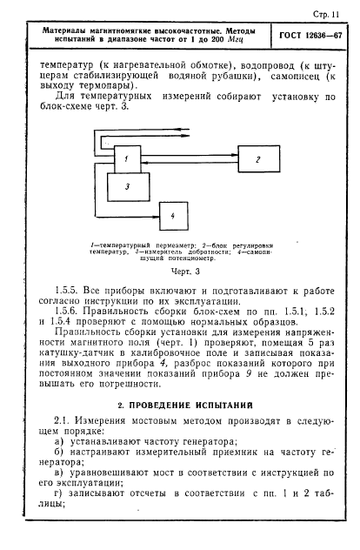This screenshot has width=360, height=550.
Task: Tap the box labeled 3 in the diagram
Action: [127, 185]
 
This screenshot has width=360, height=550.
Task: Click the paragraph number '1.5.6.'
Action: [63, 312]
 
